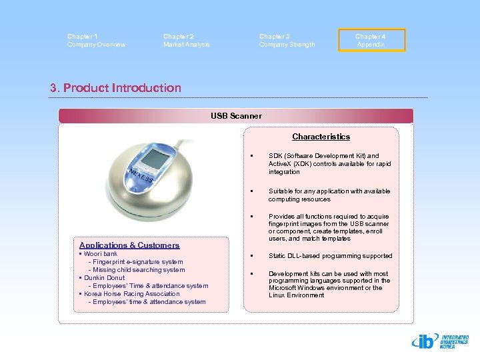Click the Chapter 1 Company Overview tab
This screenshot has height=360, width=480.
tap(96, 41)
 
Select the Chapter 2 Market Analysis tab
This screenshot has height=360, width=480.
tap(187, 41)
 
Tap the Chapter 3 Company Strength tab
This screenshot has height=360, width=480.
tap(287, 41)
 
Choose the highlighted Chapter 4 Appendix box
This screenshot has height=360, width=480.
tap(371, 41)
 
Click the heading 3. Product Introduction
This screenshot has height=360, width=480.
tap(115, 88)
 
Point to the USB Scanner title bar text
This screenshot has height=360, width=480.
tap(236, 116)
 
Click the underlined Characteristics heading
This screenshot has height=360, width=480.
tap(321, 137)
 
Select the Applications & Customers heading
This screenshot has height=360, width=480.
tap(129, 245)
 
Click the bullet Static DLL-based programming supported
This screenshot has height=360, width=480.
tap(330, 256)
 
